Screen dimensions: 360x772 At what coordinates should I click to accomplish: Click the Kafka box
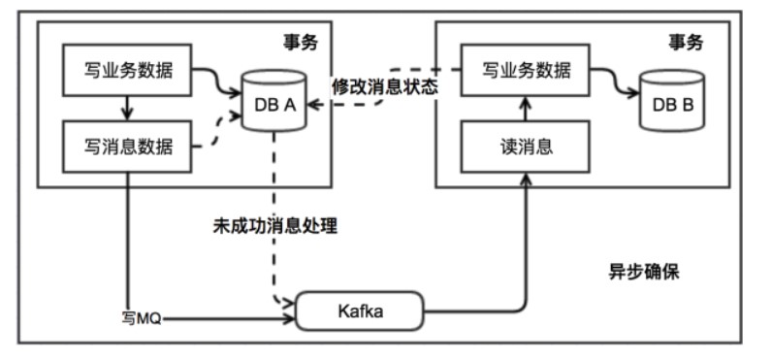(x=362, y=311)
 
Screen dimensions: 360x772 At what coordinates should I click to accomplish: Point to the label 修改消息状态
(x=385, y=85)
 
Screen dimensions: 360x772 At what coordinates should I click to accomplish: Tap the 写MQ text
(x=141, y=316)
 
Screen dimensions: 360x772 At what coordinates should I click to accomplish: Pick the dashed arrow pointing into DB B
(x=611, y=83)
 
